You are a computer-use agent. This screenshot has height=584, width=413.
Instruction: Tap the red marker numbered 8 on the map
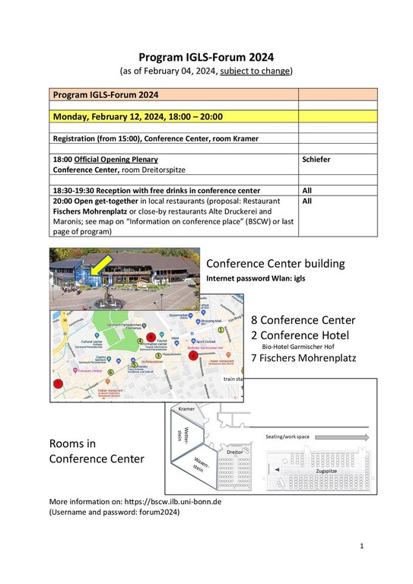152,337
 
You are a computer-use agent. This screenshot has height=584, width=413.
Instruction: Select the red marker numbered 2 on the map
193,354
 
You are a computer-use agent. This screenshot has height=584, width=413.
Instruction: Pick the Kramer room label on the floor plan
186,409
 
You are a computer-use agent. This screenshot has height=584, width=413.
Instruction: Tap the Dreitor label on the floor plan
234,451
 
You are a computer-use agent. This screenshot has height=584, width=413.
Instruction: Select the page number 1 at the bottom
363,546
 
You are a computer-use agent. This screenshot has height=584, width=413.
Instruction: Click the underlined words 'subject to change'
255,71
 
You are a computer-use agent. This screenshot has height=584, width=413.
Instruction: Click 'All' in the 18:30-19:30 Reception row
307,190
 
